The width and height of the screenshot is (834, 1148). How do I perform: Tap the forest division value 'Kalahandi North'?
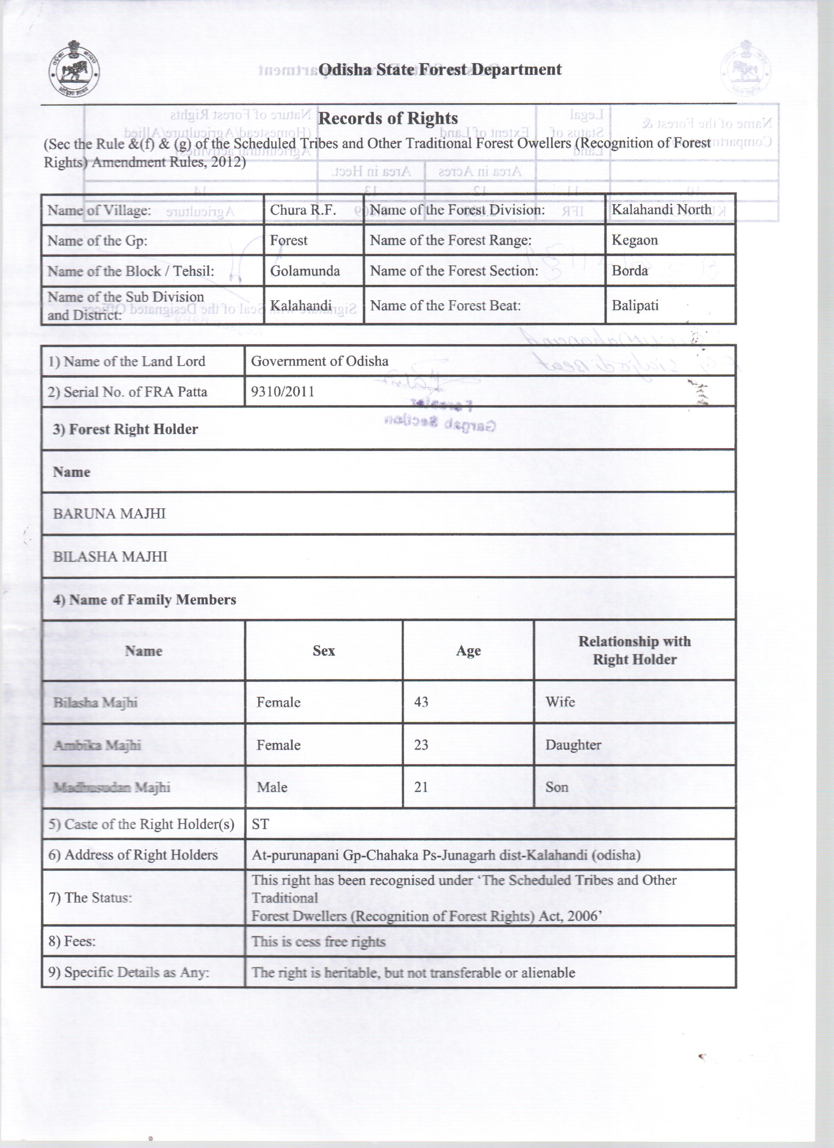click(661, 210)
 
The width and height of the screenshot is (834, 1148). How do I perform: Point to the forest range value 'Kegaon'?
click(634, 240)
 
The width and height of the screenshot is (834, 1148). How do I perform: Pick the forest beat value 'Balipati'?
click(634, 306)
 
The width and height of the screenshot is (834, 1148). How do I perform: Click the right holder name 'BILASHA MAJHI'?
click(110, 557)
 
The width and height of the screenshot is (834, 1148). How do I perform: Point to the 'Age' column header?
click(468, 651)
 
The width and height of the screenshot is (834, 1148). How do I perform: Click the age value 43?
click(421, 702)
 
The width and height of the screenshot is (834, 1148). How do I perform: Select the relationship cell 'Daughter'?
click(573, 745)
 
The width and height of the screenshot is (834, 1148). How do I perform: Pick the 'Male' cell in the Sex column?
click(272, 788)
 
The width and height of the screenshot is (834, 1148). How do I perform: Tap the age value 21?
click(421, 787)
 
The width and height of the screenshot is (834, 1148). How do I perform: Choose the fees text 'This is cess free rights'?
click(318, 942)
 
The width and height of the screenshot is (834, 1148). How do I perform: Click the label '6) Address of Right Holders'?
click(133, 855)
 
